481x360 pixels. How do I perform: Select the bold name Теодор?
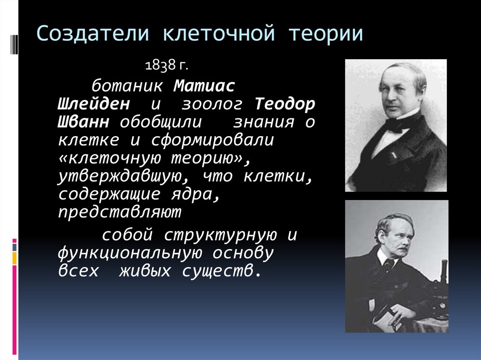pos(286,104)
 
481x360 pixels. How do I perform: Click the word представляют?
pos(120,213)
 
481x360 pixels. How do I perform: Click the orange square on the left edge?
pos(15,258)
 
